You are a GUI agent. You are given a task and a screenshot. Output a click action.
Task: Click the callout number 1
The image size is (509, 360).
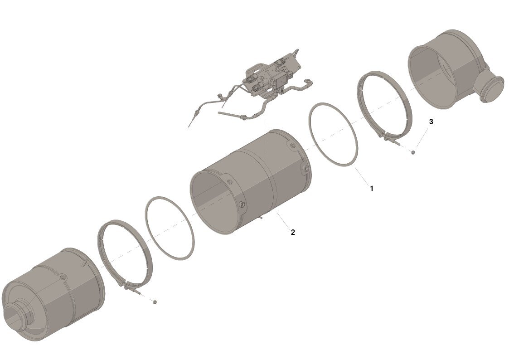(372, 188)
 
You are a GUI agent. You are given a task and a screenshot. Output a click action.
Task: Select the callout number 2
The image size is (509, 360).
(293, 232)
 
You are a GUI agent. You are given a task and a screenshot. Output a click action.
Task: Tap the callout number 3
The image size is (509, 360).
(431, 122)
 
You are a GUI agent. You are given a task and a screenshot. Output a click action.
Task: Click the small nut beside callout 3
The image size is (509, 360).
(413, 151)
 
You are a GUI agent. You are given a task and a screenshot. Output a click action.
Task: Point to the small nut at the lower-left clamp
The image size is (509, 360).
(155, 302)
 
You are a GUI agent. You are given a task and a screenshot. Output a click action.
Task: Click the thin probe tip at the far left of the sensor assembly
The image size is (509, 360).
(191, 123)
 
